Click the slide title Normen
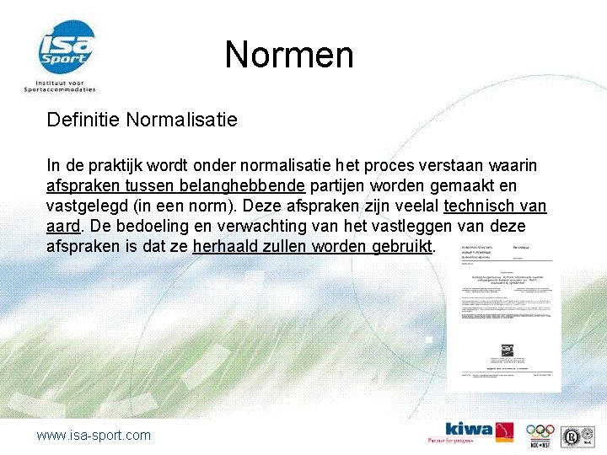pyautogui.click(x=289, y=56)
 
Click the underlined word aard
pyautogui.click(x=62, y=227)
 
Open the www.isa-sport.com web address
pyautogui.click(x=94, y=435)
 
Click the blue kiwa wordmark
pyautogui.click(x=469, y=428)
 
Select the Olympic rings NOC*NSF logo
pyautogui.click(x=540, y=431)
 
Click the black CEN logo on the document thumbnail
pyautogui.click(x=507, y=347)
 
